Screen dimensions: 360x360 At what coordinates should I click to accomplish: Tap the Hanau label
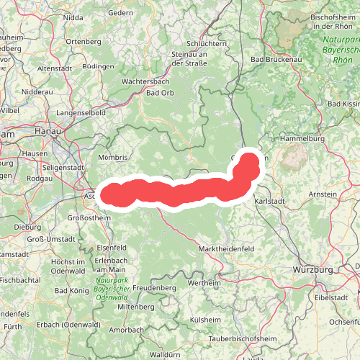[48, 132]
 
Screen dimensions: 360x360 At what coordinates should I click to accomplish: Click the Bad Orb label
[160, 93]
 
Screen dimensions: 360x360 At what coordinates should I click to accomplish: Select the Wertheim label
[204, 283]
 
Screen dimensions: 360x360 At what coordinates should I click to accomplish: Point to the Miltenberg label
[136, 306]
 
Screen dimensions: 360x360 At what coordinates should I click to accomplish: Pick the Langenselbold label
[81, 113]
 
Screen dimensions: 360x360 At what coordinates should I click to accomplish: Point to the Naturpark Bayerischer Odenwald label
[112, 289]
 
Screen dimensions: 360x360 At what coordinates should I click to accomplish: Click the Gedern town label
[120, 13]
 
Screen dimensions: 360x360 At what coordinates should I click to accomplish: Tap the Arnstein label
[322, 194]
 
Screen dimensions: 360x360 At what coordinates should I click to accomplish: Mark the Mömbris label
[113, 157]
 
